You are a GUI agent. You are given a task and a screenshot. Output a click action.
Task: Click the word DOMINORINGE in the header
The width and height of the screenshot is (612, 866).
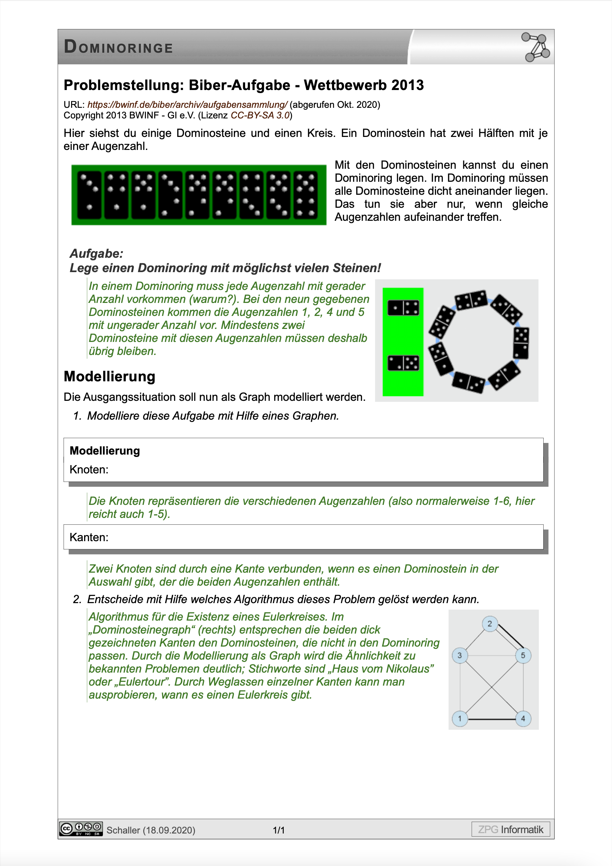pos(118,47)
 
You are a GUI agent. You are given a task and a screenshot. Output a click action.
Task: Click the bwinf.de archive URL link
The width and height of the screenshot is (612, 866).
pos(187,104)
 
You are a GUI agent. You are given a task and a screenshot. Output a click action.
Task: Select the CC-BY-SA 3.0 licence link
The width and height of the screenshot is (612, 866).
pos(260,115)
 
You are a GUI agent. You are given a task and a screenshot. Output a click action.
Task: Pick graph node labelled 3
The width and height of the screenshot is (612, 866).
pos(460,655)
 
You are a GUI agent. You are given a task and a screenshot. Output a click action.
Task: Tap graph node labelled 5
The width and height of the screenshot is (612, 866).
pos(523,655)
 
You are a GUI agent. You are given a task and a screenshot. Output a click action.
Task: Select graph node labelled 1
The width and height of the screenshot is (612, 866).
pos(460,718)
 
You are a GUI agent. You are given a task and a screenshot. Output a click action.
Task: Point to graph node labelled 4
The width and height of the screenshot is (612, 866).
pos(523,718)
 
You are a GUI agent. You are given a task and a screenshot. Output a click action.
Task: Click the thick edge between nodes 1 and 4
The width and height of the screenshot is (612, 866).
pos(491,719)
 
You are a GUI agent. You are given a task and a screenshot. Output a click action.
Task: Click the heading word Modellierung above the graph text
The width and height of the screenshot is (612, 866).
pos(109,377)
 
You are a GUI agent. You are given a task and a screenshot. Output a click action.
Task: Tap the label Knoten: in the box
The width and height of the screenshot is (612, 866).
pos(89,470)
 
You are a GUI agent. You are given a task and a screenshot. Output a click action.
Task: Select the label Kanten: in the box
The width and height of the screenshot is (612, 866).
pos(89,537)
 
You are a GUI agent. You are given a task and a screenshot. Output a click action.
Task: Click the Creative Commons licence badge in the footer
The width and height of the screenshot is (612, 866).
pos(81,829)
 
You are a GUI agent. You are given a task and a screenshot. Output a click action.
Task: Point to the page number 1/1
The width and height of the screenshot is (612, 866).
pos(279,830)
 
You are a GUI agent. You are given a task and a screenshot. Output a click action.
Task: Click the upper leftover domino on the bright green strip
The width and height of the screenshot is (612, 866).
pos(403,308)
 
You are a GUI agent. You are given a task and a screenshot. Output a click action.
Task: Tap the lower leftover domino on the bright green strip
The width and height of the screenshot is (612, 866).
pos(403,363)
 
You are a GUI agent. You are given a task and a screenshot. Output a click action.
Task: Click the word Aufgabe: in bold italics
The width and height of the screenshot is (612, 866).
pos(96,253)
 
